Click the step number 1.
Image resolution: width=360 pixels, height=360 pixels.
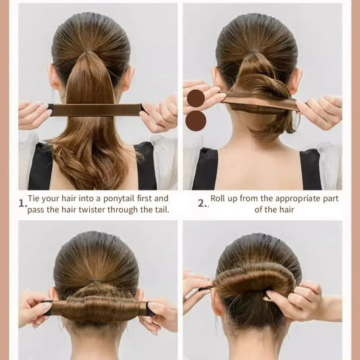pos(22,203)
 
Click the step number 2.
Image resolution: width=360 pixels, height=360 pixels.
pos(202,203)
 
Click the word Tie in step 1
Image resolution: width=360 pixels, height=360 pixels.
pos(33,199)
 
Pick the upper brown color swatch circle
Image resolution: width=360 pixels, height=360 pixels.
pos(196,99)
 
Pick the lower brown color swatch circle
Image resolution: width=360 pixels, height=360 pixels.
pos(196,121)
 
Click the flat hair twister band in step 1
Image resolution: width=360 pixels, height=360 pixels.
pos(97,109)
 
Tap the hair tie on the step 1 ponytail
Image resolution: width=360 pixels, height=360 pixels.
pos(86,51)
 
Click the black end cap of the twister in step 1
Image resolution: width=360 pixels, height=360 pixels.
pos(50,109)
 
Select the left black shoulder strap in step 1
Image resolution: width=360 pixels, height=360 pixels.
pos(41,166)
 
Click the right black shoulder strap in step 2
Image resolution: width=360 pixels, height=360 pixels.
pos(310,170)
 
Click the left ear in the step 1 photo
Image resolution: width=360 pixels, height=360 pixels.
pos(53,78)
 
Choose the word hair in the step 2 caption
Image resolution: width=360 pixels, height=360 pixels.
pos(287,209)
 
